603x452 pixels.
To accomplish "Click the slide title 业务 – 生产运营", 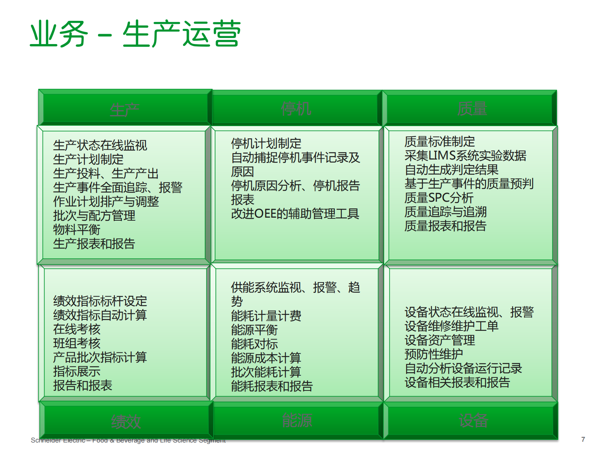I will tap(135, 34).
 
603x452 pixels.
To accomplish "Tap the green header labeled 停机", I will tap(296, 109).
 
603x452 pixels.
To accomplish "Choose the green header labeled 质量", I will tap(472, 109).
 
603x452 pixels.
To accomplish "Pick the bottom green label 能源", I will tap(297, 420).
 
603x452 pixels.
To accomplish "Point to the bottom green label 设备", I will tap(473, 420).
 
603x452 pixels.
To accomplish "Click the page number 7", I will tap(583, 439).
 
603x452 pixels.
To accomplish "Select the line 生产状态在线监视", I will tap(100, 145).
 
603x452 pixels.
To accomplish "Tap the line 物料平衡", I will tap(77, 229).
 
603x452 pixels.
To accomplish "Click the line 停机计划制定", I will tap(266, 144).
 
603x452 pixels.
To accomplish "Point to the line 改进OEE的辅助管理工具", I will tap(295, 214).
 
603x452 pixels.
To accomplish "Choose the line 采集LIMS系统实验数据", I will tap(465, 155).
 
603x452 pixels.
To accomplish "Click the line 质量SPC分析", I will tap(439, 198).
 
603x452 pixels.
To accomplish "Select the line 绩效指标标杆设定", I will tap(100, 301).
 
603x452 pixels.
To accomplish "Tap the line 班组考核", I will tap(77, 343).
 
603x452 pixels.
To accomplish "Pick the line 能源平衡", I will tap(254, 330).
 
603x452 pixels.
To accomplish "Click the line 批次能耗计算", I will tap(266, 372).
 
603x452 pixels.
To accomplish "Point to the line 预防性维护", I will tap(434, 354).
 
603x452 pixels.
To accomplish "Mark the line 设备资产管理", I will tap(440, 340).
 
